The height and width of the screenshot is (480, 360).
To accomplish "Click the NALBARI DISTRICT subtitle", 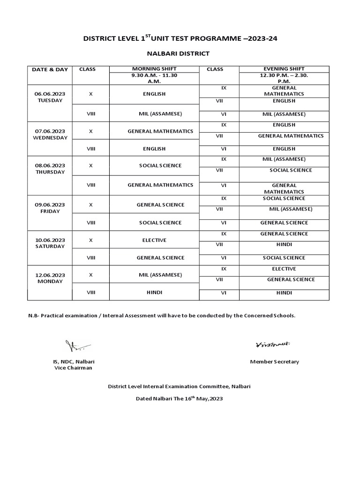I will point(180,54).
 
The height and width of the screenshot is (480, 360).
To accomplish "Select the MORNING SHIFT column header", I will point(154,69).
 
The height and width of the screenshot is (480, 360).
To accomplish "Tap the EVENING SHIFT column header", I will point(284,69).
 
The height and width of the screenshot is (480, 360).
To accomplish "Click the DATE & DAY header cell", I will point(50,69).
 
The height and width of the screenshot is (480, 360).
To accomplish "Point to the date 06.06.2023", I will point(50,94).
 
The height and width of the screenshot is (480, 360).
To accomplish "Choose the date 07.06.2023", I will point(50,131).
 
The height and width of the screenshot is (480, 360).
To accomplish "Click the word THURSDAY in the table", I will point(50,172).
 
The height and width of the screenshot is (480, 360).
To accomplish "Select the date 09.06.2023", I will point(50,205).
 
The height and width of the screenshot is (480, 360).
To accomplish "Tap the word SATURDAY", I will point(50,246).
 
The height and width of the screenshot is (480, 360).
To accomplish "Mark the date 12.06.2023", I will point(50,275).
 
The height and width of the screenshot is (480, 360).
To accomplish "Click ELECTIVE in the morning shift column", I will point(154,240).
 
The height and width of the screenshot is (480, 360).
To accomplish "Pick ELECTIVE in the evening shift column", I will point(284,269).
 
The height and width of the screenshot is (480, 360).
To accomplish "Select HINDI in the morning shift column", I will point(154,292).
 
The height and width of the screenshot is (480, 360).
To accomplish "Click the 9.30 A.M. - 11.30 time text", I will point(154,75).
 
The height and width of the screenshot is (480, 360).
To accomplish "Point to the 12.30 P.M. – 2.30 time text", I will point(284,75).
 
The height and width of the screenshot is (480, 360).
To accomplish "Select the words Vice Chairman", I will point(74,368).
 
